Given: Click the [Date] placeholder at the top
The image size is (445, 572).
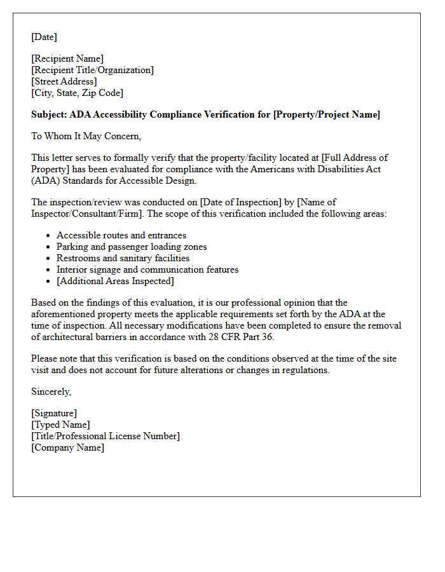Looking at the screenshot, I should click(x=44, y=37).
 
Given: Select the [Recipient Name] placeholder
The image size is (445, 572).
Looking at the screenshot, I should click(x=67, y=58).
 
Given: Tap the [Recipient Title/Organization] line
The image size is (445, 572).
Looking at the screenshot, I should click(x=92, y=70).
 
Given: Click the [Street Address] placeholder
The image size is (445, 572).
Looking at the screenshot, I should click(x=64, y=81).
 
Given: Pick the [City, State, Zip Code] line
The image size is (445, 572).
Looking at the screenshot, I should click(x=77, y=93).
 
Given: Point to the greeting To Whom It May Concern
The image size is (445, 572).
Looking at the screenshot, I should click(x=86, y=135).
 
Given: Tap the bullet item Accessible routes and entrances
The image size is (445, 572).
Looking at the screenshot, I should click(x=121, y=235).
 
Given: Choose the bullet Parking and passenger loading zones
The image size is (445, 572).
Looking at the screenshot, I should click(x=132, y=247).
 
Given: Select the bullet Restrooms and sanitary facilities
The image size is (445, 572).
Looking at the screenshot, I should click(x=123, y=258).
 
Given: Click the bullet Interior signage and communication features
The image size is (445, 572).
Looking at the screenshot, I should click(x=147, y=269).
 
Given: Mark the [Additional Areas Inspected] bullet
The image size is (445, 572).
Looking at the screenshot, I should click(x=115, y=281).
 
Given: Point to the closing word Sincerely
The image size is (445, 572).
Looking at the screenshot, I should click(x=51, y=392).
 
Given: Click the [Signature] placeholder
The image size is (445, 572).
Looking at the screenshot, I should click(x=54, y=413).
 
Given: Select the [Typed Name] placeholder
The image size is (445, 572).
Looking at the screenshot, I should click(x=60, y=425).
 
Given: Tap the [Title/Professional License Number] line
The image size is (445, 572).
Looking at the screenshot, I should click(x=106, y=436).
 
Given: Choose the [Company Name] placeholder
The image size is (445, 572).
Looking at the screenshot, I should click(x=67, y=447).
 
